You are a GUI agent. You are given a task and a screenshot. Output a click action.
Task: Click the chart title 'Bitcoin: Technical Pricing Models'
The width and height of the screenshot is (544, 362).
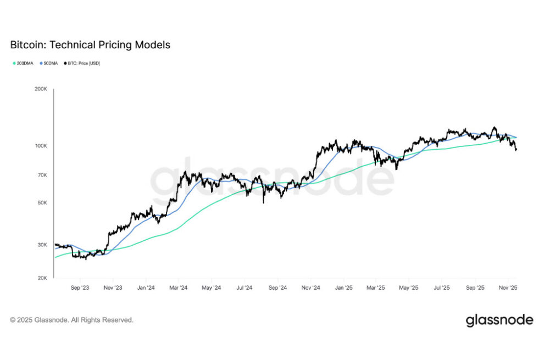coord(90,45)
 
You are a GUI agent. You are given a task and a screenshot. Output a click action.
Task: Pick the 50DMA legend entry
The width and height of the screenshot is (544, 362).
coord(51,64)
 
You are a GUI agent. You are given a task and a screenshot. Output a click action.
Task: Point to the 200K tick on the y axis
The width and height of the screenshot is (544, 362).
coord(41,89)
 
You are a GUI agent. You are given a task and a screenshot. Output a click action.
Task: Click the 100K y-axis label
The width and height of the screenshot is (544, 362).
coord(41,146)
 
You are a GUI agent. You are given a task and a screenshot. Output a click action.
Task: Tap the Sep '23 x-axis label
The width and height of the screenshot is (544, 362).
coord(80,287)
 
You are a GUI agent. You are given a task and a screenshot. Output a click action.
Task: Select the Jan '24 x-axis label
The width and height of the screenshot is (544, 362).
coord(146,287)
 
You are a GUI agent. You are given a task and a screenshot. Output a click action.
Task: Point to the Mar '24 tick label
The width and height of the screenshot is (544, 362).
coord(178,287)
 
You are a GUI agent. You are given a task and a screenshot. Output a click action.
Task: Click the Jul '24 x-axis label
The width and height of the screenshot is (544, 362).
coord(245,287)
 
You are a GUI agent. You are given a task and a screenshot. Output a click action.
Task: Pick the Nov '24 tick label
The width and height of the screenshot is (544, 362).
coord(311,287)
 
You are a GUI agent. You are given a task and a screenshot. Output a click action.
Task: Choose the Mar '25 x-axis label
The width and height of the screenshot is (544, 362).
coord(376,287)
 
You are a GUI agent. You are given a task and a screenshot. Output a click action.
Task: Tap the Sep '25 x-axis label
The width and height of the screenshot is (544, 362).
coord(476,287)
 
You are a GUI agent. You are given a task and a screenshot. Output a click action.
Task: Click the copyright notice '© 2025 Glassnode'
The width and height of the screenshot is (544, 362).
coord(71,320)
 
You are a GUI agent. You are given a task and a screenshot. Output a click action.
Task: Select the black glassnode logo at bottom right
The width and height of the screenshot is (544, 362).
coord(499,320)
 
